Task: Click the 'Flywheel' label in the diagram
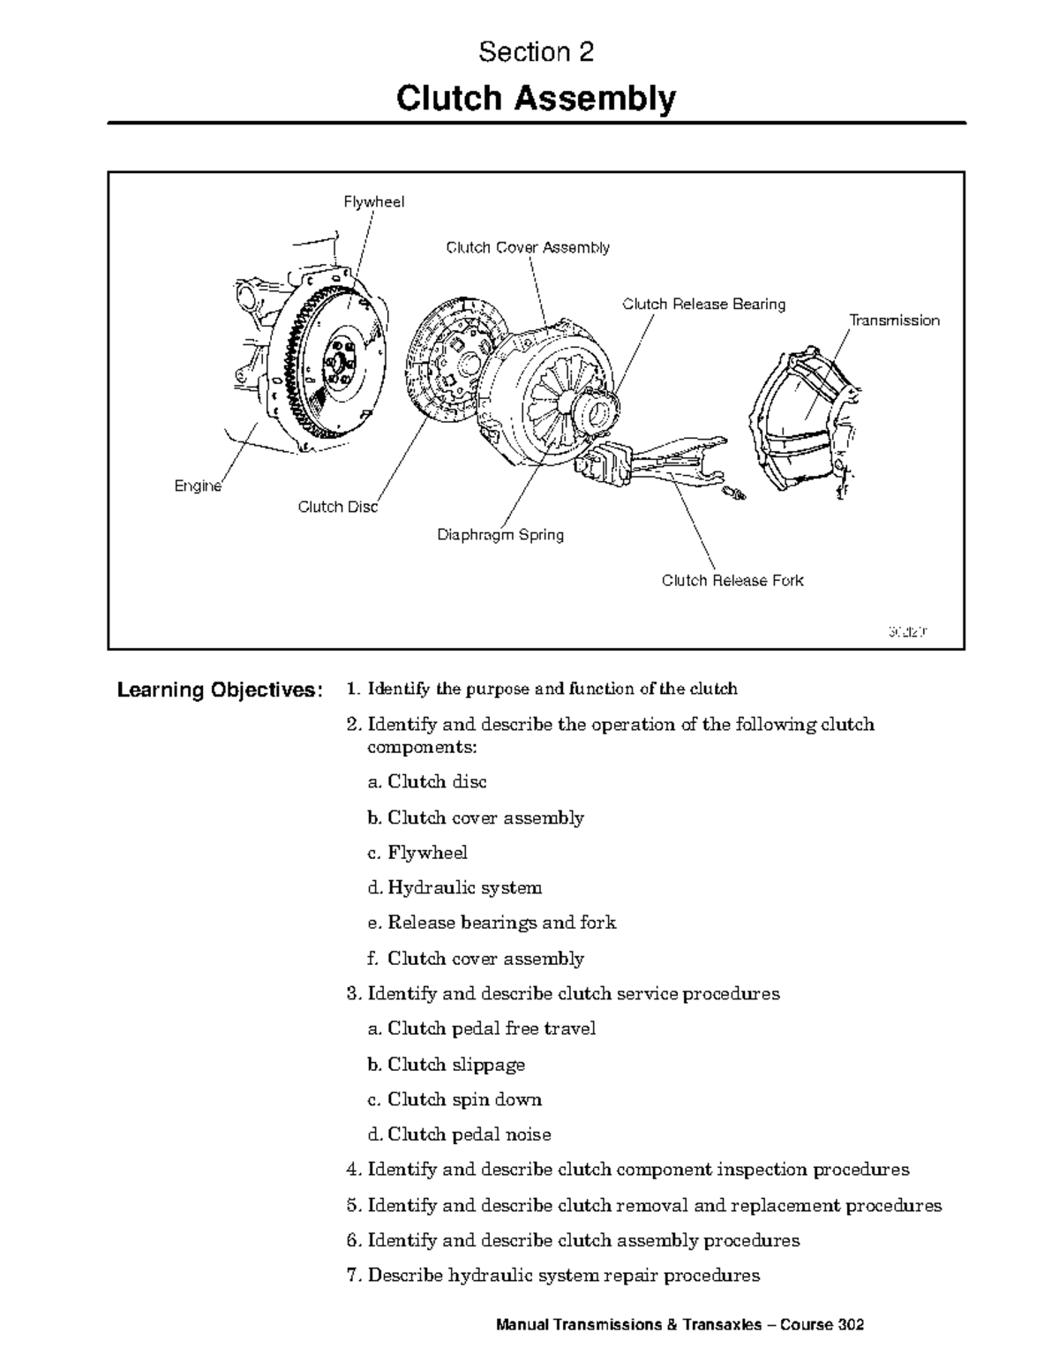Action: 373,202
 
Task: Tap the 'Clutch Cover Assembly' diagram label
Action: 528,248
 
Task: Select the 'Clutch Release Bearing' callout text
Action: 703,305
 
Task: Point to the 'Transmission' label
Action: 894,320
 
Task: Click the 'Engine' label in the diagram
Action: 198,486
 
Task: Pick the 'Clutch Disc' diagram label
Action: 338,507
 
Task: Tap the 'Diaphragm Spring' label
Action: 500,535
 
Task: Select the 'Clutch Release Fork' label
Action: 732,581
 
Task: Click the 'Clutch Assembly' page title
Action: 536,99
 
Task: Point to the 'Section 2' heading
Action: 536,53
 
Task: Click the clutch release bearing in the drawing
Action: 595,407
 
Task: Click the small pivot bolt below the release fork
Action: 733,492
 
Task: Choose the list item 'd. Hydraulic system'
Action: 454,888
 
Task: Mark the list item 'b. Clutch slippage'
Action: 446,1065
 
